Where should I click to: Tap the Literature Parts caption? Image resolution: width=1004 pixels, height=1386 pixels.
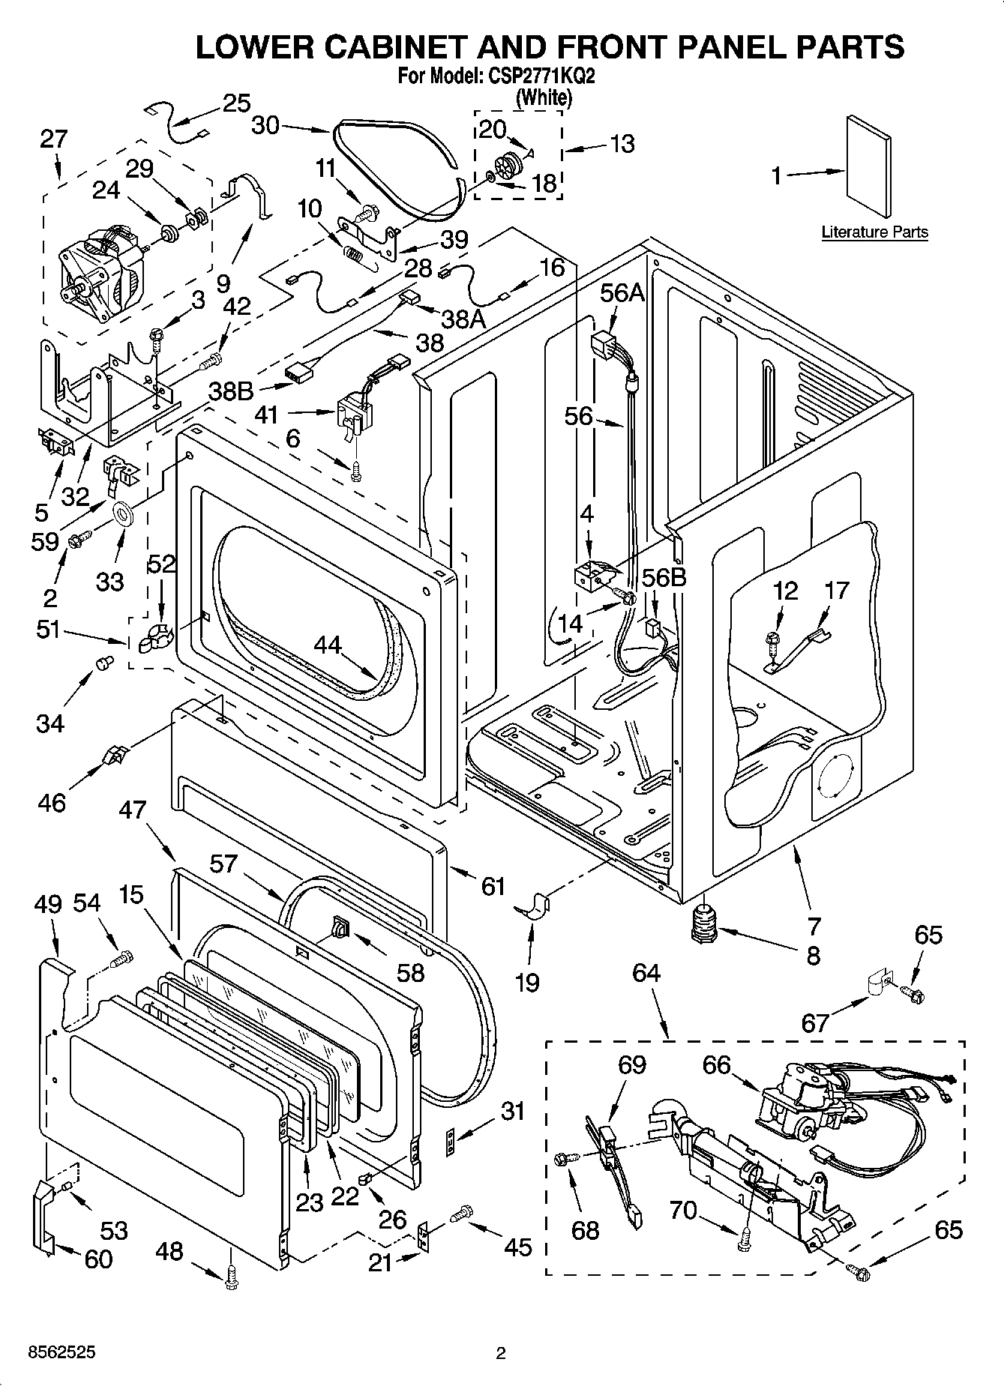[x=874, y=232]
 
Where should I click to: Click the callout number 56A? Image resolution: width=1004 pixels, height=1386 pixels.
[x=622, y=293]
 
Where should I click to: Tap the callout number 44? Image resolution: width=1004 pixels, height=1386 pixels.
[x=328, y=645]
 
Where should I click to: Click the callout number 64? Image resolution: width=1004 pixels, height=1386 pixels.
[x=646, y=973]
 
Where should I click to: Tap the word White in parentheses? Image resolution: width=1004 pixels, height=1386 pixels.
[x=544, y=97]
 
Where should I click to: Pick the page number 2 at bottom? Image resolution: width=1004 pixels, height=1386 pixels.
[x=501, y=1353]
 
